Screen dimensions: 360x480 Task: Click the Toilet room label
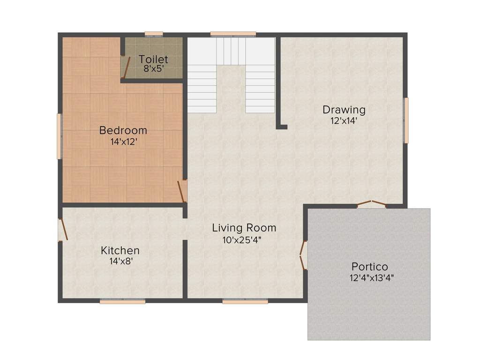(153, 60)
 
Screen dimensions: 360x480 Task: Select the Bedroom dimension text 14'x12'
(123, 142)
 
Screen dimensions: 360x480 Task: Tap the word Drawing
(344, 110)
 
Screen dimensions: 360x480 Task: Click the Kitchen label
(120, 250)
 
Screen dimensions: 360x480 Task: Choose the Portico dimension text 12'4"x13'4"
(371, 277)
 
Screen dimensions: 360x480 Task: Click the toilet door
(125, 67)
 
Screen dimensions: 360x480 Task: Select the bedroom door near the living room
(182, 191)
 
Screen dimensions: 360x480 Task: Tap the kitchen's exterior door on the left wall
(63, 230)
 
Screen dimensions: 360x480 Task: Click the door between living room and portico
(303, 255)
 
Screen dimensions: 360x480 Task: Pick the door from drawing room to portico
(371, 204)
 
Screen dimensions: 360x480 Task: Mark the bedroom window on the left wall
(60, 136)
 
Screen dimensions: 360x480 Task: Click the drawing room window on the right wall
(406, 120)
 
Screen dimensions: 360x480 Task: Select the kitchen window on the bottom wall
(122, 301)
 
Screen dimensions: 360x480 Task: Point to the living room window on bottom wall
(245, 301)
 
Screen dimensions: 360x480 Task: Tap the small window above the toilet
(153, 34)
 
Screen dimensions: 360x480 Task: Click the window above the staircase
(233, 34)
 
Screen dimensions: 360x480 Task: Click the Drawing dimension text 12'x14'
(344, 120)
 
